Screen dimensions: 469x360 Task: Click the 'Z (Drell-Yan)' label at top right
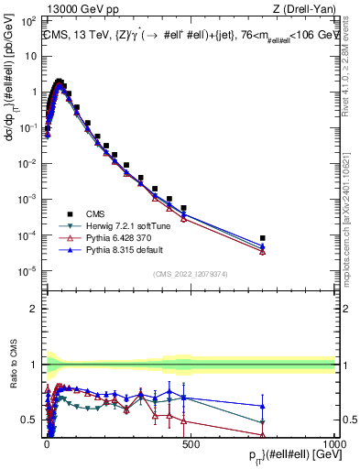[x=304, y=10]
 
